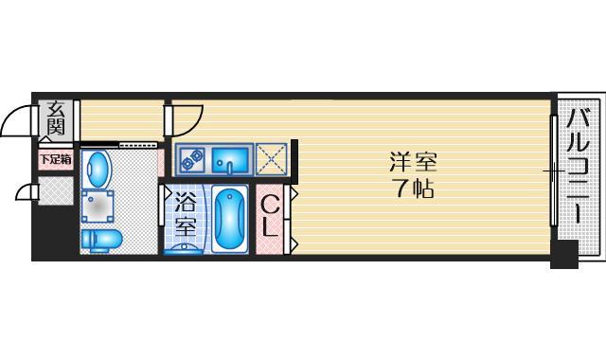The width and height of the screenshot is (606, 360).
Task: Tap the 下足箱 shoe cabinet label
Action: (56, 159)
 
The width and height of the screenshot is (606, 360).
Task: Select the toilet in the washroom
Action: (101, 241)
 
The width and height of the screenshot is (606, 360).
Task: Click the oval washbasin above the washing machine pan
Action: (97, 170)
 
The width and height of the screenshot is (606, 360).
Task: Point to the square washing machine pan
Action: (98, 207)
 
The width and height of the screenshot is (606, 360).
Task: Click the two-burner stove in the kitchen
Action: (192, 159)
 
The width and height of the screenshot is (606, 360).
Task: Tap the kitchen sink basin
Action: (230, 160)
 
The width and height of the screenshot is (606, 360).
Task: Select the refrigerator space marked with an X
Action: (271, 159)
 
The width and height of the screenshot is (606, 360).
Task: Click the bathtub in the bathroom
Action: (229, 219)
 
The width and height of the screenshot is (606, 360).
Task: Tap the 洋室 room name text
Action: (413, 162)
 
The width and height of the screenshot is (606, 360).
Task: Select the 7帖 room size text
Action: (414, 189)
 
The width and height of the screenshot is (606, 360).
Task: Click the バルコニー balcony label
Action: (578, 167)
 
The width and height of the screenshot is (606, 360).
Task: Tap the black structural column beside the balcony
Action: (564, 254)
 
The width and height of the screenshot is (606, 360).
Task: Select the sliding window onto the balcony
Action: (554, 171)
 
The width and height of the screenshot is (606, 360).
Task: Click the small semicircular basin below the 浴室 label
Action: (183, 249)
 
